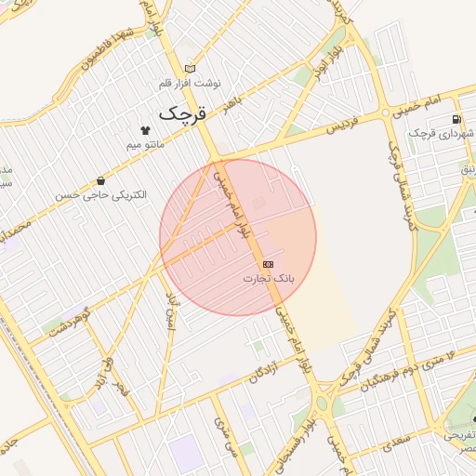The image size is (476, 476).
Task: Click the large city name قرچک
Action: [x=180, y=113]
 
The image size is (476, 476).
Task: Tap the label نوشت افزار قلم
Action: [x=191, y=82]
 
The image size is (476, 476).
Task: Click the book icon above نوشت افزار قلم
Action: [x=191, y=68]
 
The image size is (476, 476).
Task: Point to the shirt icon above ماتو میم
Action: [x=145, y=130]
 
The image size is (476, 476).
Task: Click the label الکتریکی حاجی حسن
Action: [x=100, y=195]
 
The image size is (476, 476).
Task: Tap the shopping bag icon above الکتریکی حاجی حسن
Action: [x=100, y=180]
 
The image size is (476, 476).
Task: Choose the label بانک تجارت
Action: [x=269, y=278]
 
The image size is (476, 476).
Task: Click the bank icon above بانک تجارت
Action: [x=269, y=264]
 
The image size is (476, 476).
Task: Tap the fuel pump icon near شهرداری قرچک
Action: [x=455, y=119]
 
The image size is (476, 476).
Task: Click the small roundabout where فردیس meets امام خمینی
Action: [x=386, y=114]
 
